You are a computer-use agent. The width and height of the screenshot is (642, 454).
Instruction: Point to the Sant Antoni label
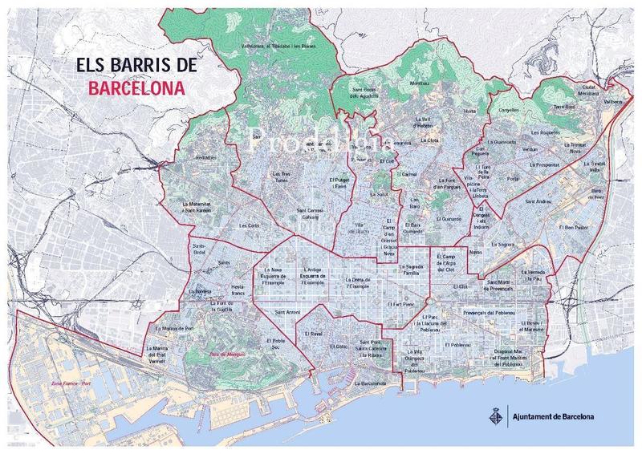point(288,311)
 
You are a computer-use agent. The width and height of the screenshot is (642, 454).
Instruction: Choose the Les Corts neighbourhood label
point(248,225)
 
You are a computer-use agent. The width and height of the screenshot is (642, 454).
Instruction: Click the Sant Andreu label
point(538,201)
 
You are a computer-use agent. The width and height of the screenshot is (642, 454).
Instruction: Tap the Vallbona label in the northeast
point(613,102)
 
